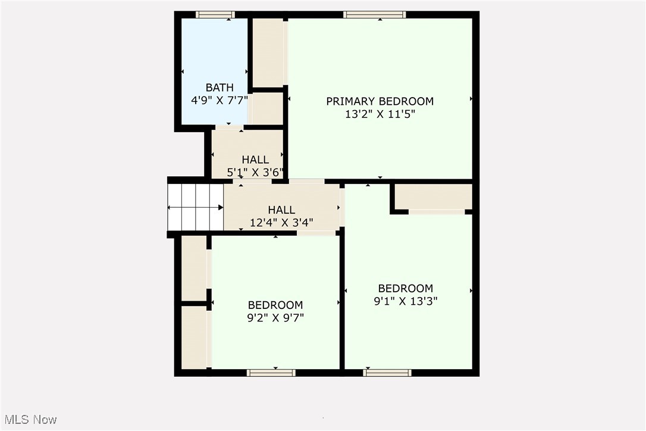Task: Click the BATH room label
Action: (219, 88)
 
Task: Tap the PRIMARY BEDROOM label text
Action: (380, 101)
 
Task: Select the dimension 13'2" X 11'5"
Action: (380, 114)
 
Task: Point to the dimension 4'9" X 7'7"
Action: (219, 101)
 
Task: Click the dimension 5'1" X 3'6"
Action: (255, 173)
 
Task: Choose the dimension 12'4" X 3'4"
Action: (281, 223)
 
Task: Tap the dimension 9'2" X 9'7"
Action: (275, 318)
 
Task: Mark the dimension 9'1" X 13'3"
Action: (406, 301)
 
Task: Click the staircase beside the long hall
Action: (196, 207)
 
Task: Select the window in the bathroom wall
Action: (215, 15)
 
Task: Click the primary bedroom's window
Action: (375, 15)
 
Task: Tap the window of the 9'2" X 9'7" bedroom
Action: (271, 373)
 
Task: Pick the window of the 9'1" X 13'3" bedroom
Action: (387, 373)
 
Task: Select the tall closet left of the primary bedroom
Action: (268, 52)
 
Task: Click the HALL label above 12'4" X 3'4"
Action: (281, 210)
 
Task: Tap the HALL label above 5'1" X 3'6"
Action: (255, 160)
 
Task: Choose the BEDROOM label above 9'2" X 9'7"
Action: (275, 305)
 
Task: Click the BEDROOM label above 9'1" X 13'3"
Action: (406, 289)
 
